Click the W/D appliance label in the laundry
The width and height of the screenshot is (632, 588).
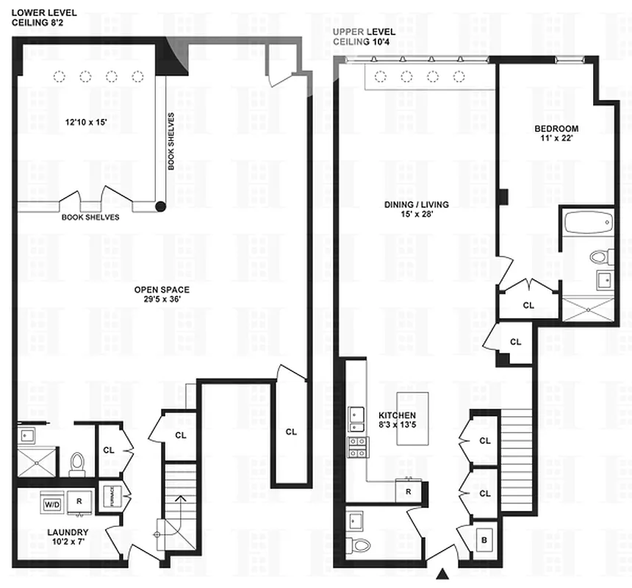[52, 505]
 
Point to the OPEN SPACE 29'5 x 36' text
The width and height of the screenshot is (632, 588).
[162, 294]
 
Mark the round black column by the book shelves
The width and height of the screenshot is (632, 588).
[160, 207]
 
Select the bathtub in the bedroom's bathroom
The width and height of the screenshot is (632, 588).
[586, 221]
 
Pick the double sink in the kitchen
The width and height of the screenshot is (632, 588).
[356, 419]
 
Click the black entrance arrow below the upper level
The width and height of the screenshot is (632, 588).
[443, 574]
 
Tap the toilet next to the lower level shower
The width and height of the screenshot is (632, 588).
[78, 462]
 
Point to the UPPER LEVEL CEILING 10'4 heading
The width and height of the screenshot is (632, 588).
[365, 37]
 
